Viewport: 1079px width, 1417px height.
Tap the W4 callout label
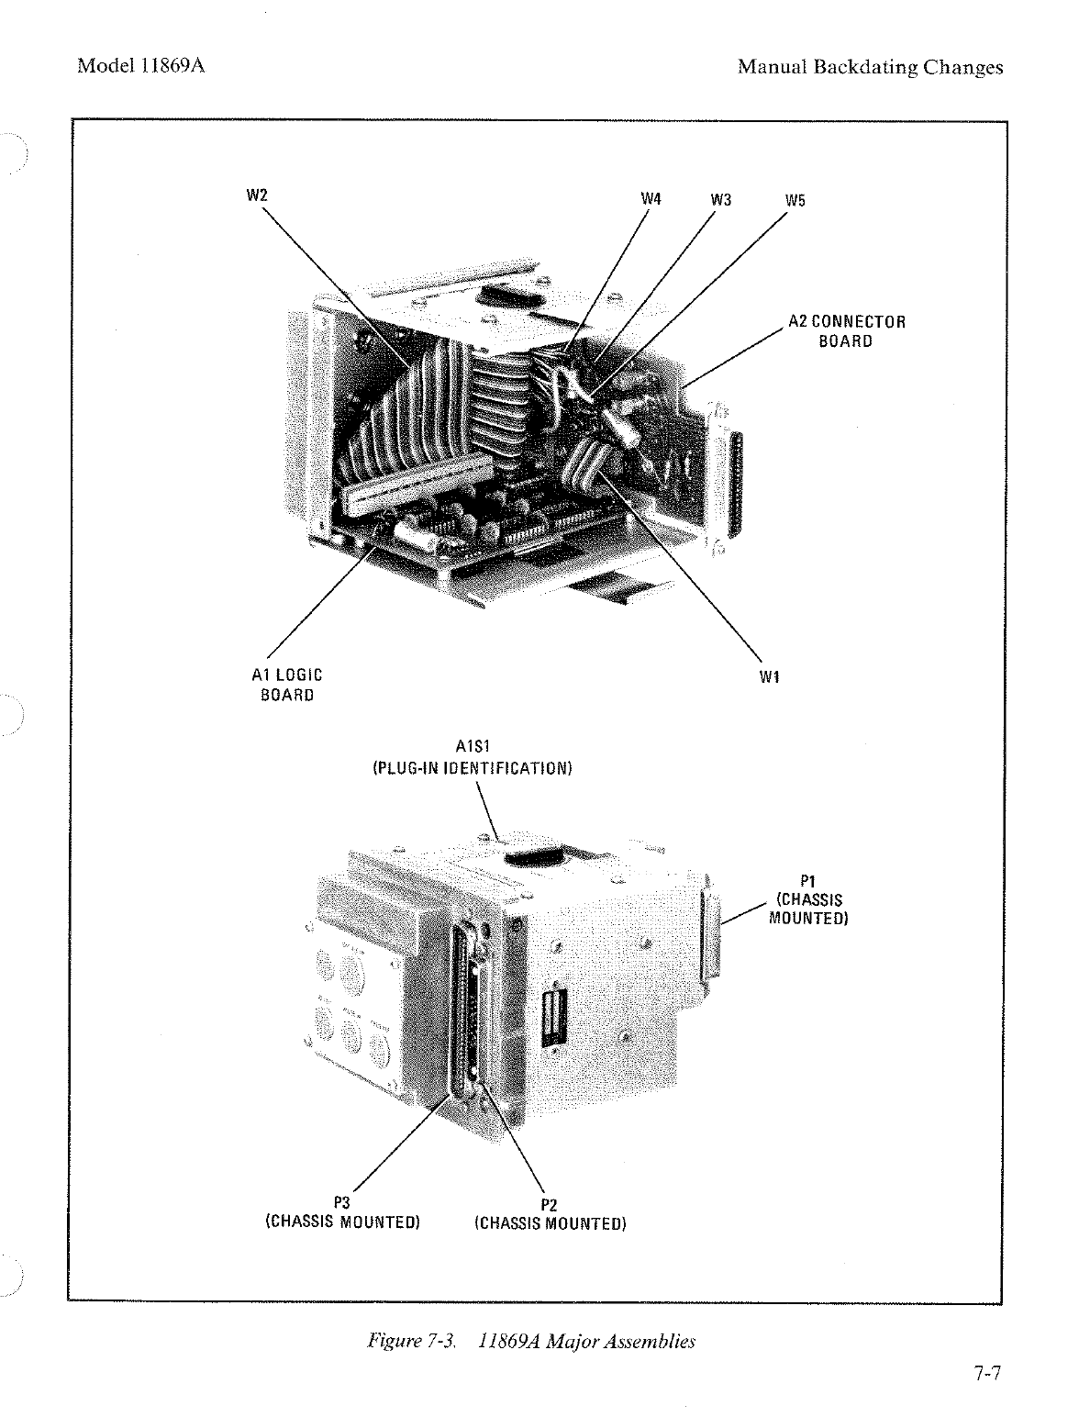[x=651, y=199]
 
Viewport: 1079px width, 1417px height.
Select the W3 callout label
[x=721, y=199]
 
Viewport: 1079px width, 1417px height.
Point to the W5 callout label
[x=795, y=199]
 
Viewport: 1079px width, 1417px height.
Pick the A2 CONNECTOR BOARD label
[x=846, y=331]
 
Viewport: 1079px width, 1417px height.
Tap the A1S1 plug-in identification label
[x=472, y=758]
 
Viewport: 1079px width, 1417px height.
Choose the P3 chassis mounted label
[x=342, y=1212]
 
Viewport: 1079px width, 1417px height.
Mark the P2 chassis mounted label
[x=550, y=1213]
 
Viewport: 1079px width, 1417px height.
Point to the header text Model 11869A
[x=139, y=66]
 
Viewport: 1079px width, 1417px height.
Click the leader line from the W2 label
[x=330, y=280]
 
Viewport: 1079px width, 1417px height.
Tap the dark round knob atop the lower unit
[x=532, y=856]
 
